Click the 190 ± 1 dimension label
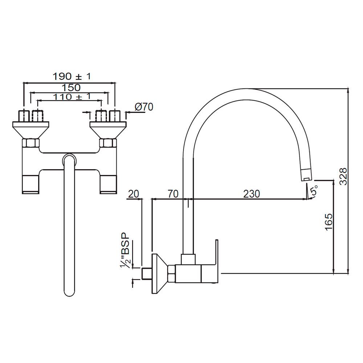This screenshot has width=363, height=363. coord(72,77)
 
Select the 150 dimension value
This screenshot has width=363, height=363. coord(71,87)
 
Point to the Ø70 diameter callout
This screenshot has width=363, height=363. coord(144,107)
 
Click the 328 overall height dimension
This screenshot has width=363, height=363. coord(343,176)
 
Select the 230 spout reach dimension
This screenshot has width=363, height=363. coord(251,194)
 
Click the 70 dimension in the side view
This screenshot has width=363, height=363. coord(173,194)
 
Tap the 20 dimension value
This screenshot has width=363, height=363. coord(134,194)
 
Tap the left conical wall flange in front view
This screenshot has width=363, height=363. coord(31,130)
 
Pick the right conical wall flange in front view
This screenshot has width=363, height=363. coord(107,130)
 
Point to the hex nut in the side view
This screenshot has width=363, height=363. coord(171,274)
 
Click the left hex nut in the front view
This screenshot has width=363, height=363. coord(31,143)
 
